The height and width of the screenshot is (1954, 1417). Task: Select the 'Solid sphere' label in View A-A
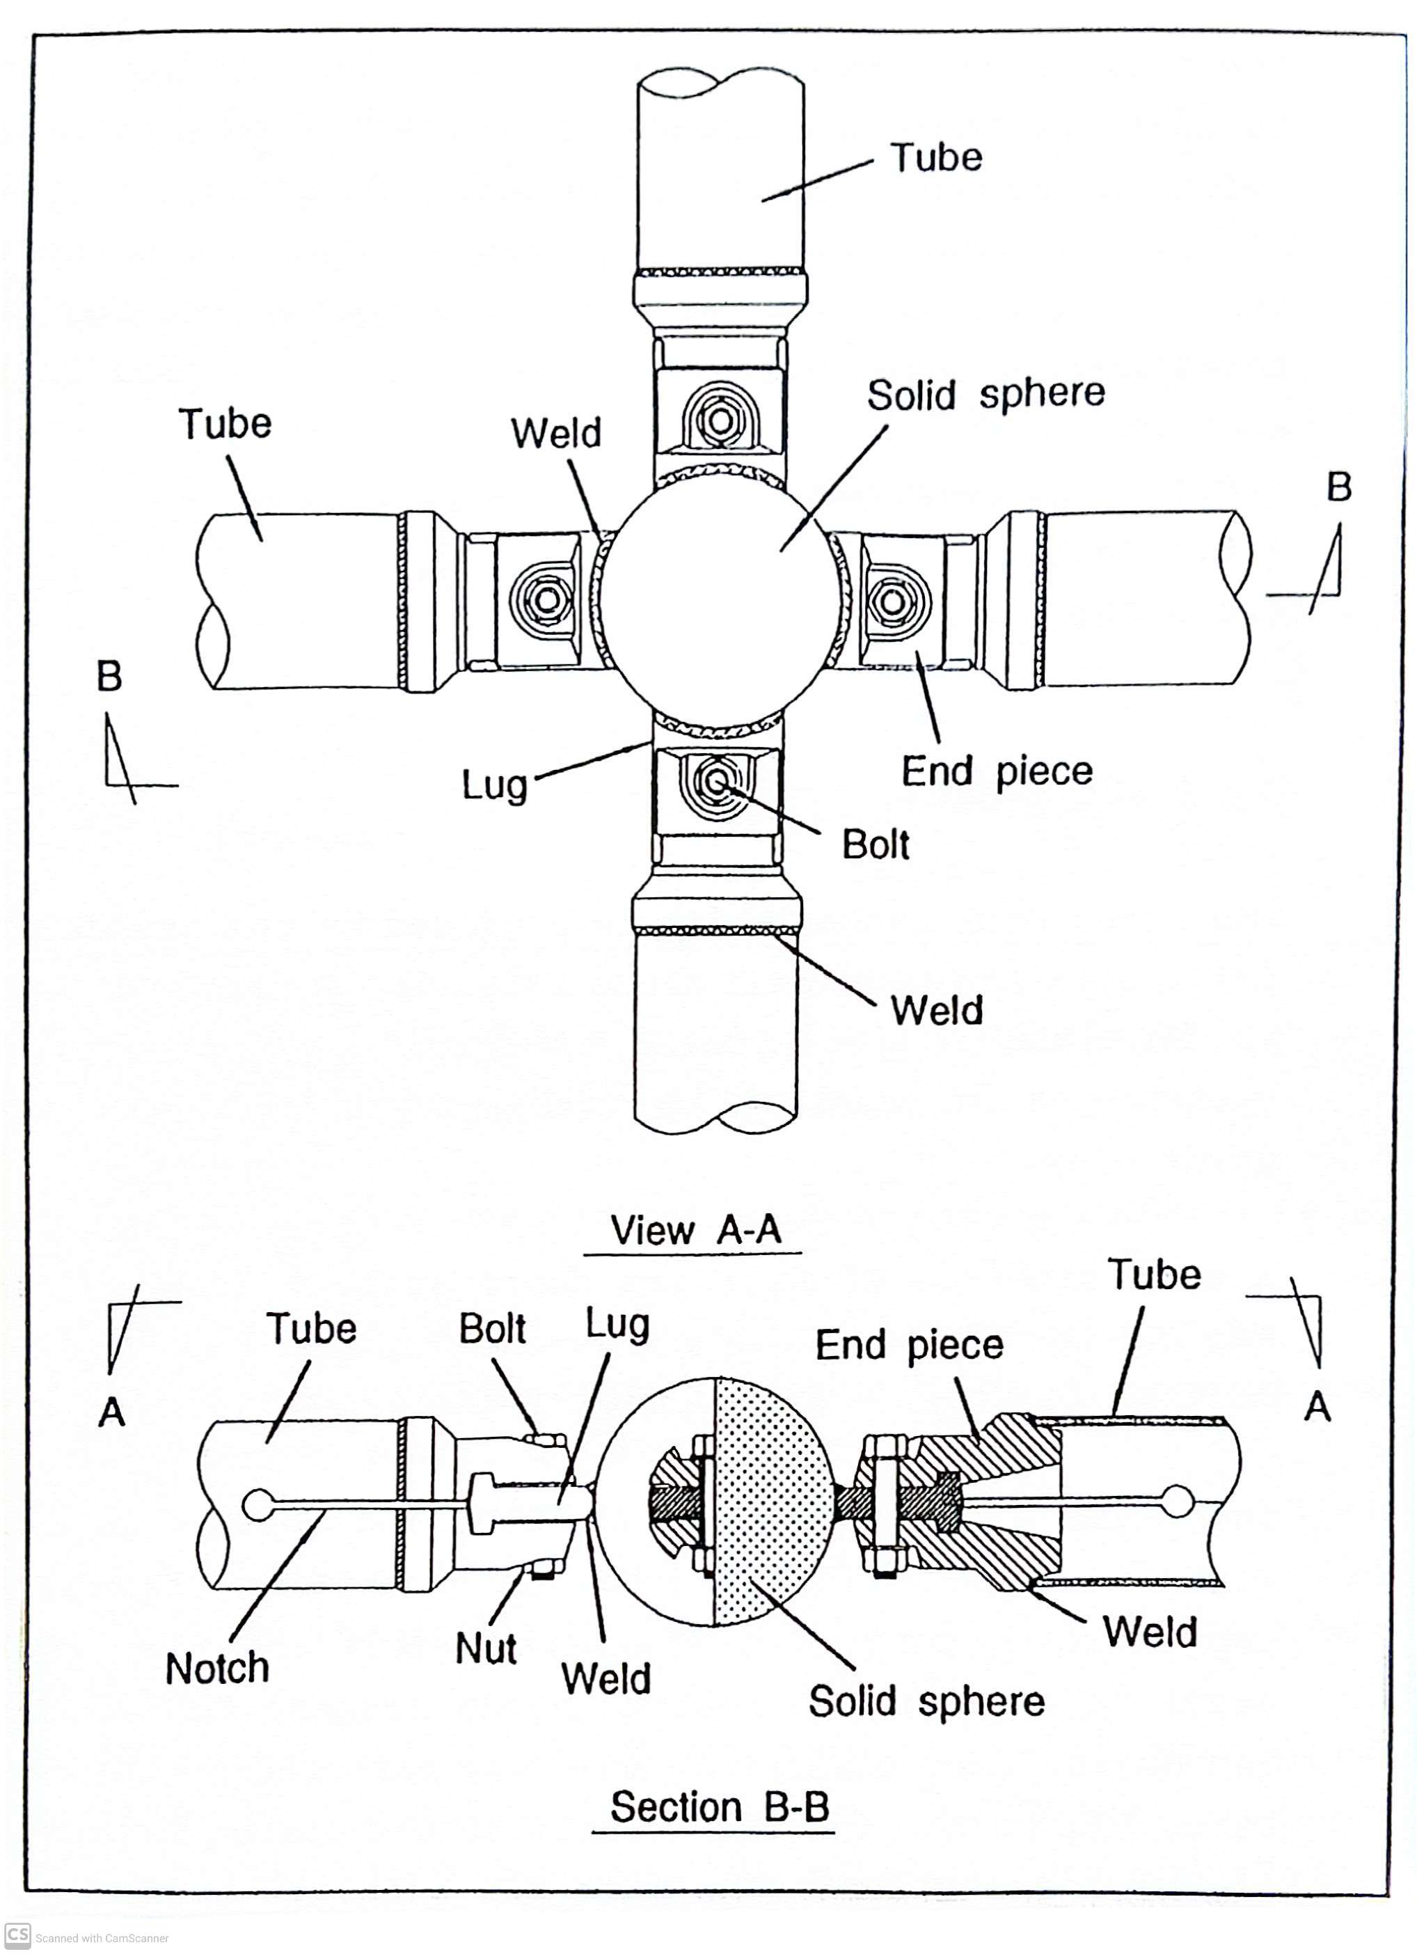pos(985,395)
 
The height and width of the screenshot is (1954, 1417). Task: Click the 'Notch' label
pos(217,1669)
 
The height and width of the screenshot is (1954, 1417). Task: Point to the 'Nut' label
pos(486,1649)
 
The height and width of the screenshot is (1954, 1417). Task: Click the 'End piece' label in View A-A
pos(997,771)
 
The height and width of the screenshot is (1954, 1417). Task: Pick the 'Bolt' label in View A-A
pos(875,844)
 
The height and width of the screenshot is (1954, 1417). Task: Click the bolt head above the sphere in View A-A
pos(718,421)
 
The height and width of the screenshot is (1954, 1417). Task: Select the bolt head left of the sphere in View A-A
pos(544,598)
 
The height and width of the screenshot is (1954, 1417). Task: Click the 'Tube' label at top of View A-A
pos(936,157)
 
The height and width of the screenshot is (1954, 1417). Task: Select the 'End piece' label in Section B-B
pos(909,1346)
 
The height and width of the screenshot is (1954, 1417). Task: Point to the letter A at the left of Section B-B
pos(112,1413)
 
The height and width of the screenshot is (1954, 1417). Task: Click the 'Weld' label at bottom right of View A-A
pos(936,1011)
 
